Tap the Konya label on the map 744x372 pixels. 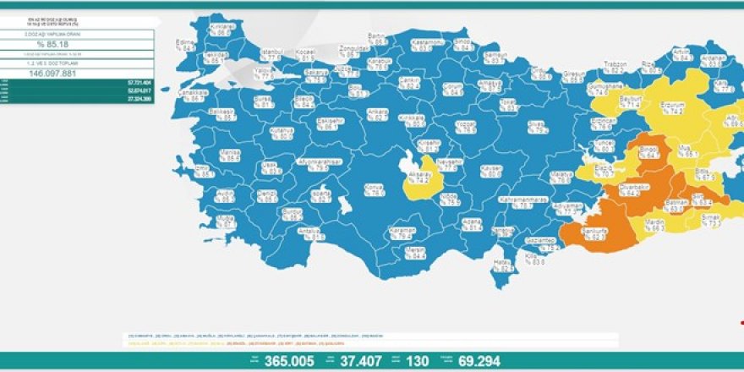(373, 187)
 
